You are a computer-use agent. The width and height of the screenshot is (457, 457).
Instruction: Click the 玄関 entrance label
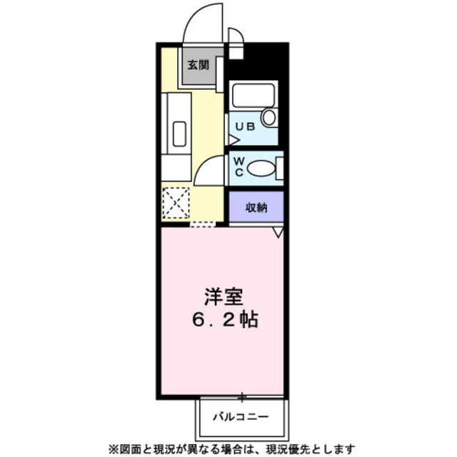[198, 65]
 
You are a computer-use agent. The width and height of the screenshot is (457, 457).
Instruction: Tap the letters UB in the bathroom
[245, 126]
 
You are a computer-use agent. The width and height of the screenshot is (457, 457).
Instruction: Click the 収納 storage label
[256, 209]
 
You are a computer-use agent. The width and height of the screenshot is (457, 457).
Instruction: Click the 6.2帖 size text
[223, 319]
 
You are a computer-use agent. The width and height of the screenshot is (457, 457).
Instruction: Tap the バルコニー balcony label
[239, 414]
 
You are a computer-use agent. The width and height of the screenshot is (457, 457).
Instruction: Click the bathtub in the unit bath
[253, 96]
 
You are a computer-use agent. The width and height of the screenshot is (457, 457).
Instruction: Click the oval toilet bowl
[261, 170]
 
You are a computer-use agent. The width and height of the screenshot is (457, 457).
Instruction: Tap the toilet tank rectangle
[279, 169]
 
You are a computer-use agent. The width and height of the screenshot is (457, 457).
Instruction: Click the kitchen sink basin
[179, 134]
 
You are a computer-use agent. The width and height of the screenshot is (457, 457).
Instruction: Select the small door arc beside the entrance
[235, 36]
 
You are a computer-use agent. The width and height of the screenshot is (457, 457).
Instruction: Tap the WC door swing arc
[209, 171]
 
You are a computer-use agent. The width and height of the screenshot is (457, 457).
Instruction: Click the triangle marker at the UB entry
[232, 141]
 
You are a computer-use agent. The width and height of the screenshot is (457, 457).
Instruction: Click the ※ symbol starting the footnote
[112, 448]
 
